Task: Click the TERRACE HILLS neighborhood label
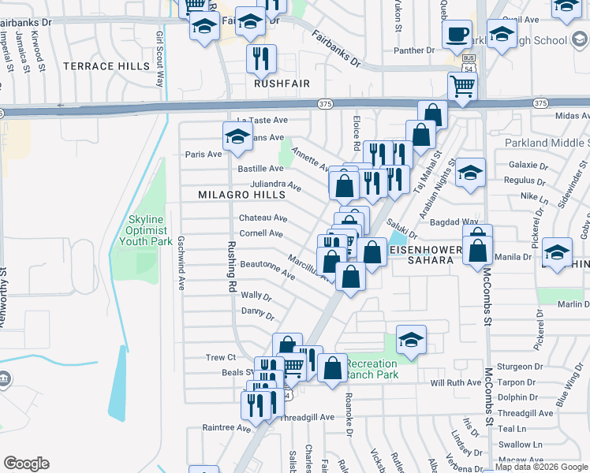point(99,66)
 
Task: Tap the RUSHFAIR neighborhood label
point(282,83)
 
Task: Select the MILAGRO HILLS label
point(241,195)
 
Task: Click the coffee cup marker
point(457,34)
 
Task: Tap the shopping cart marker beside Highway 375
point(462,87)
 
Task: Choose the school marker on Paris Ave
point(237,137)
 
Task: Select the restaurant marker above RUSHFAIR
point(261,58)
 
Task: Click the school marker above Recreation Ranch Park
point(411,339)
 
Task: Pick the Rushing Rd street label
point(233,260)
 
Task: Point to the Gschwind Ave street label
point(181,262)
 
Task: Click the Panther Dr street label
point(414,50)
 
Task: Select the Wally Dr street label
point(256,296)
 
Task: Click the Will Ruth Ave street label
point(455,382)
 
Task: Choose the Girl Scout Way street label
point(160,60)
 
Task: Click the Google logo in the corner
point(26,464)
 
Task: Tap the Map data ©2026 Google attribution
point(541,467)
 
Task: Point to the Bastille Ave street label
point(260,169)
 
